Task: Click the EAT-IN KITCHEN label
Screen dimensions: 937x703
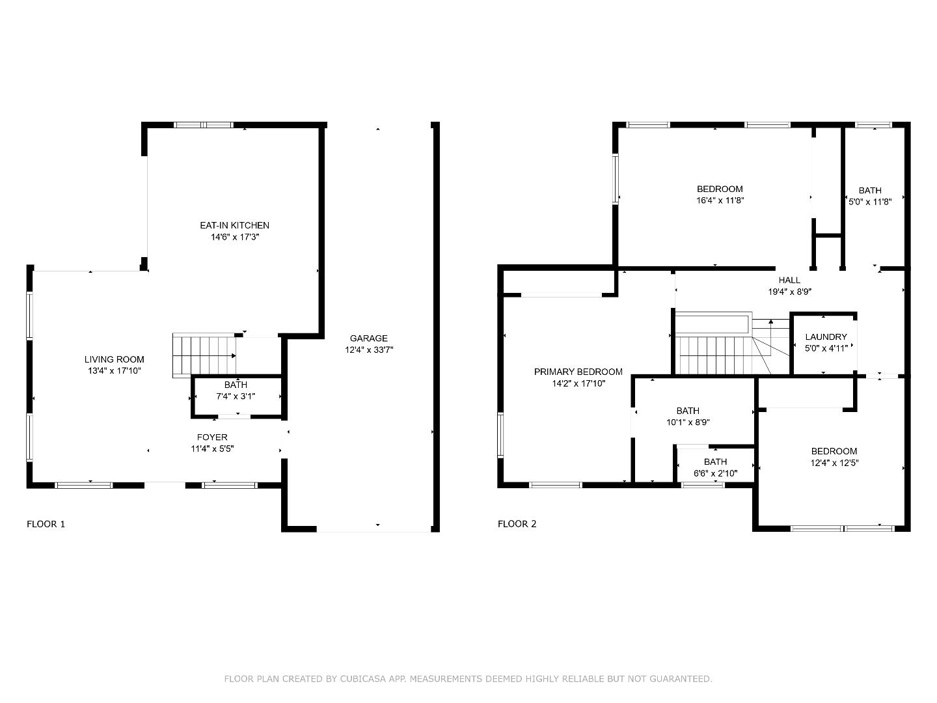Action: (x=234, y=225)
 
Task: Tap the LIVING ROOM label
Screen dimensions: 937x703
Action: (x=114, y=359)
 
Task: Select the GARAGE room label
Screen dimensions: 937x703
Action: (x=369, y=338)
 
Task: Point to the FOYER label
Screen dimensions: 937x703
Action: (x=212, y=437)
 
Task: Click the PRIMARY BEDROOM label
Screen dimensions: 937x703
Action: (x=578, y=372)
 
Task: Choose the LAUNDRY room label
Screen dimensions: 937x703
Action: (x=826, y=337)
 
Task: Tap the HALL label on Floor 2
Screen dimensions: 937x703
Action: (x=789, y=280)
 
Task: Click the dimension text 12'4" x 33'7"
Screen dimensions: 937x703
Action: (x=369, y=350)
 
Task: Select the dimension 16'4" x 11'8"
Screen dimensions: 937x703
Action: (x=720, y=200)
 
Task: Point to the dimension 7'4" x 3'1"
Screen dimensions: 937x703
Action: (x=236, y=396)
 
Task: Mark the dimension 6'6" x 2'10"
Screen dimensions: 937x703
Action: (x=716, y=473)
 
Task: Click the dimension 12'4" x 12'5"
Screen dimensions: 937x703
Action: (x=835, y=463)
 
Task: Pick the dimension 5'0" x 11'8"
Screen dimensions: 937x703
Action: (x=870, y=202)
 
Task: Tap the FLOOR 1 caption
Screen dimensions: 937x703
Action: (x=46, y=524)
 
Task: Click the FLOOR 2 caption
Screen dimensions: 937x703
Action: (x=517, y=524)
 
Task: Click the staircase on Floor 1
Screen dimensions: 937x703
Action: (x=204, y=355)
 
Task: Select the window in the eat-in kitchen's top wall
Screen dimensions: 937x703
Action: (x=203, y=125)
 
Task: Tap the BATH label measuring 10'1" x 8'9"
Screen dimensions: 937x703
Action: (x=688, y=411)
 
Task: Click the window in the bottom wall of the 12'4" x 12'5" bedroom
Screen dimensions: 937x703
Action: (x=841, y=529)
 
